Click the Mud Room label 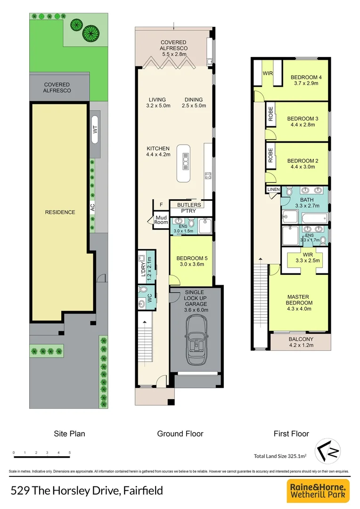click(161, 220)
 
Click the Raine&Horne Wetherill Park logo click(318, 490)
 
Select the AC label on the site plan click(93, 212)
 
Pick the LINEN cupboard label click(273, 189)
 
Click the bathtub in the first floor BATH click(314, 219)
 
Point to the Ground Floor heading click(180, 434)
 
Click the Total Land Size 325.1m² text click(280, 456)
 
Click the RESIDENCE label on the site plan click(60, 212)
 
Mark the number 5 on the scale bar click(70, 452)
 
